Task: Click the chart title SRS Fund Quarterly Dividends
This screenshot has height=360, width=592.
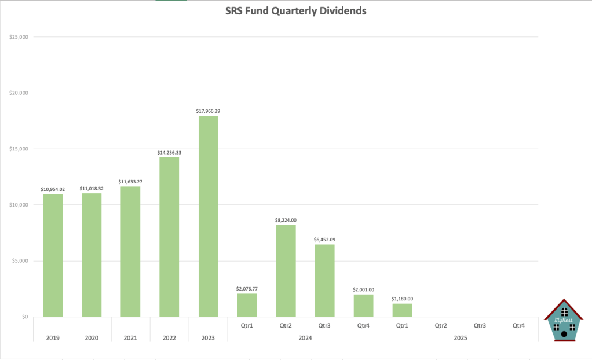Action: (x=295, y=11)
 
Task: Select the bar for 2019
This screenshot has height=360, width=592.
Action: (x=53, y=255)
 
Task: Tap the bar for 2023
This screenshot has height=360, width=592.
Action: (x=208, y=216)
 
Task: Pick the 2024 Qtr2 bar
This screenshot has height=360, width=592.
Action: (x=286, y=270)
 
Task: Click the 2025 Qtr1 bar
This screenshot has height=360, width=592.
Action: (x=402, y=310)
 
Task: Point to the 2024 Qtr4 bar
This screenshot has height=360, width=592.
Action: (x=363, y=306)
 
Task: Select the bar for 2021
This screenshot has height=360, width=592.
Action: (x=130, y=251)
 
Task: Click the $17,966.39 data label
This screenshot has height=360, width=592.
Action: (x=208, y=111)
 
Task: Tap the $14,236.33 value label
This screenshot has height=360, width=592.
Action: (x=169, y=152)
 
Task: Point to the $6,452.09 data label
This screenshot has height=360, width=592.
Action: (x=324, y=239)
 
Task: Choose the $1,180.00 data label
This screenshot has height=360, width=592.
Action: (x=402, y=299)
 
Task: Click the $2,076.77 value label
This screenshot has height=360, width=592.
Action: (x=247, y=288)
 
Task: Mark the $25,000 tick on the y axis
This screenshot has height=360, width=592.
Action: (x=20, y=37)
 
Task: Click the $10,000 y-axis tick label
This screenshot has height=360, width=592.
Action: (x=20, y=205)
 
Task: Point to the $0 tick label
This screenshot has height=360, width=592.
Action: (x=24, y=317)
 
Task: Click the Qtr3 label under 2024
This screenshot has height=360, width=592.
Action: (x=324, y=325)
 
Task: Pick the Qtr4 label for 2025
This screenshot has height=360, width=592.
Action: (x=519, y=325)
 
